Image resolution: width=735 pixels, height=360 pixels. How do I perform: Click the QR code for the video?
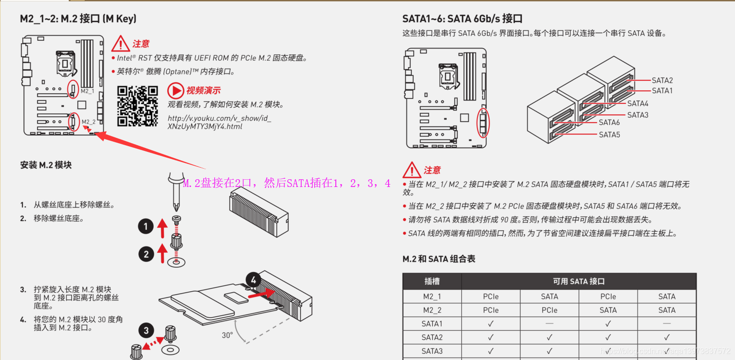(138, 106)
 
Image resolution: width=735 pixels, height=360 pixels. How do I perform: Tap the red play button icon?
(175, 90)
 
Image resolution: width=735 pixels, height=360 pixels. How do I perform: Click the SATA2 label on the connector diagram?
(662, 80)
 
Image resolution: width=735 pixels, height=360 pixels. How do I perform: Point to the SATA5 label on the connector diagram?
(609, 135)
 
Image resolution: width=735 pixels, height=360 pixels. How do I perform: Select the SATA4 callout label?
(637, 103)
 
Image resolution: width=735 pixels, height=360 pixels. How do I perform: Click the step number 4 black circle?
(254, 280)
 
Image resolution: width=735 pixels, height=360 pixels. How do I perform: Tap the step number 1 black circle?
(146, 226)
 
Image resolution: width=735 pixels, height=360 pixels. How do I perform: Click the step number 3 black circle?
(147, 331)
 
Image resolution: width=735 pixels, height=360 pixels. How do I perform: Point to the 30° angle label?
(227, 335)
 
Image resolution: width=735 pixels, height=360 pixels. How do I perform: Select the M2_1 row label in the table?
(432, 297)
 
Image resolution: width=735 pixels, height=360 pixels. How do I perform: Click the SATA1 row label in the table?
(432, 324)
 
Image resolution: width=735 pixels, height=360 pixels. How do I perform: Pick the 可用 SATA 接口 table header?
(578, 282)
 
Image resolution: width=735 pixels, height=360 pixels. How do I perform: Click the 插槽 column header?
(432, 282)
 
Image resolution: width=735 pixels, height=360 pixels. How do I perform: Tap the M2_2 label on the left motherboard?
(88, 122)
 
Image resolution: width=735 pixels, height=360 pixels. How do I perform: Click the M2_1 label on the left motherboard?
(87, 91)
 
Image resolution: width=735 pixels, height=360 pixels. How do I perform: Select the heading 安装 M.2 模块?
(46, 165)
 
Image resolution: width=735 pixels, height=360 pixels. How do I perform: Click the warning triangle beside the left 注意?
(120, 44)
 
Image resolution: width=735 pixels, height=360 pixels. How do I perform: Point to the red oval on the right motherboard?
(483, 123)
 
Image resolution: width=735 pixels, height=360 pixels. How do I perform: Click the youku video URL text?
(219, 122)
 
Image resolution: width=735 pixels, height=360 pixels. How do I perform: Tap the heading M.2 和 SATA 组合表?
(439, 259)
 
